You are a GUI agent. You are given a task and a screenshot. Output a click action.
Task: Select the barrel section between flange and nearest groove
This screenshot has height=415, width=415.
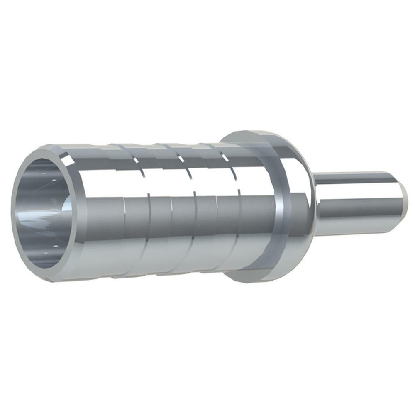point(253,207)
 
